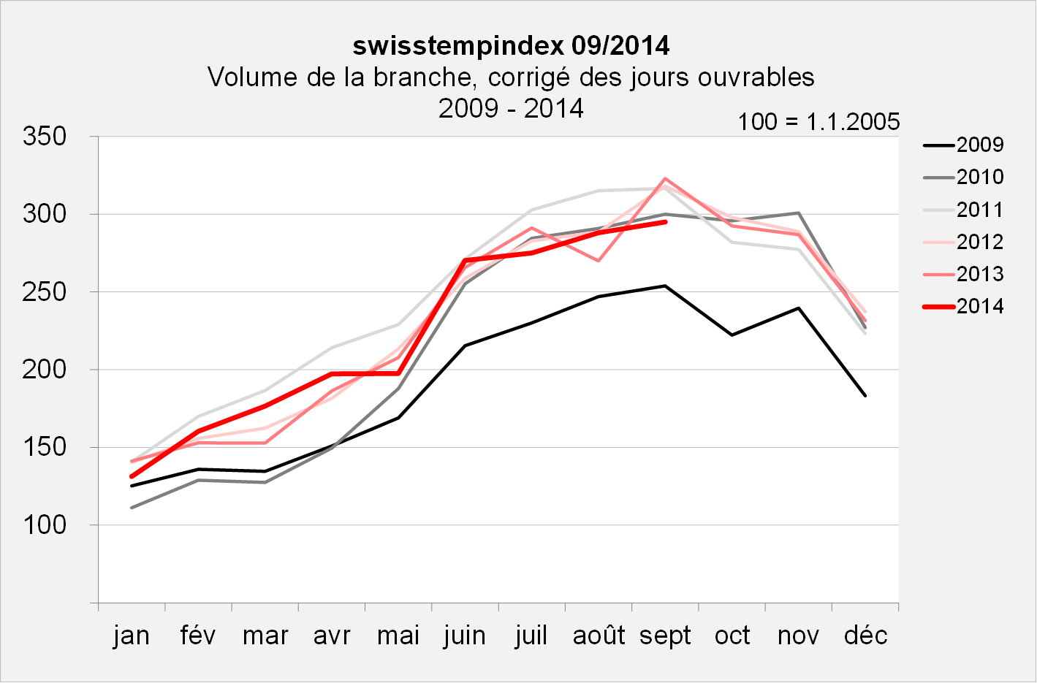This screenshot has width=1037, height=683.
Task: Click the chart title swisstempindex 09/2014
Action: coord(511,46)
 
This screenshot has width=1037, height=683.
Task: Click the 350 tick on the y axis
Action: coord(45,137)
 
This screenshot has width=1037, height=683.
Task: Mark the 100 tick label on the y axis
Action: coord(45,525)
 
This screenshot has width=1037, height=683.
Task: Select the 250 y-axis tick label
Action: coord(45,292)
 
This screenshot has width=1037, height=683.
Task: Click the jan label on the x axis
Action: coord(132,636)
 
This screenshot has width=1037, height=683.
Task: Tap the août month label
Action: coord(599,636)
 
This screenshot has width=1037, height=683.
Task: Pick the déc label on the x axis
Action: coord(865,636)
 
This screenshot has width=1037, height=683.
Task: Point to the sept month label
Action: coord(665,636)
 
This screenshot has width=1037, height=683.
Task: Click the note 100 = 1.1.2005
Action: coord(818,121)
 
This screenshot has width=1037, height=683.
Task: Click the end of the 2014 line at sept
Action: coord(665,221)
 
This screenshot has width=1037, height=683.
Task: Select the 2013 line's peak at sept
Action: coord(665,178)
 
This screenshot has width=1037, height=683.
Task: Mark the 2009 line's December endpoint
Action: coord(865,395)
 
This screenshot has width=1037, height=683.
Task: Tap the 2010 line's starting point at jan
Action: coord(132,508)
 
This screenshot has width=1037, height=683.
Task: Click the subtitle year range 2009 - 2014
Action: coord(511,108)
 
